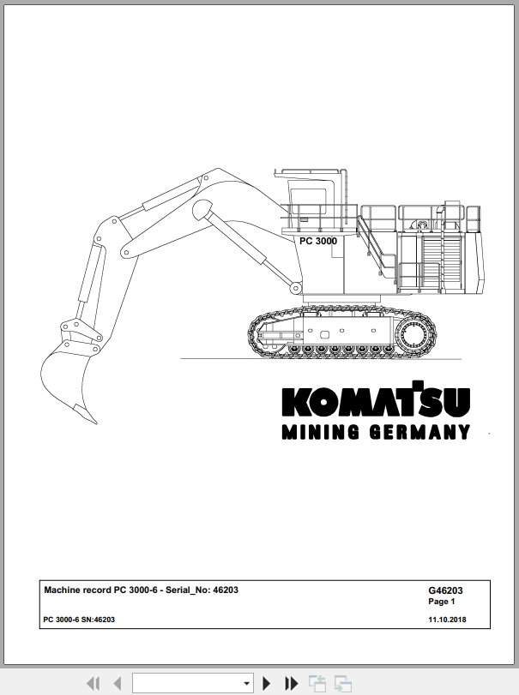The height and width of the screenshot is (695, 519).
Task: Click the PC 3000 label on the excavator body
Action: [318, 241]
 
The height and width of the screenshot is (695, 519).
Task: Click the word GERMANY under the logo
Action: [419, 432]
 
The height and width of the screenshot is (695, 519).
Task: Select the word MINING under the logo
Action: [321, 432]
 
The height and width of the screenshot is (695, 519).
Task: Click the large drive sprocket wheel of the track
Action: [414, 335]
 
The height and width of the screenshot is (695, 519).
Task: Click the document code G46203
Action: [445, 590]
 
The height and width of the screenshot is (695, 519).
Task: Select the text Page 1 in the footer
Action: [442, 602]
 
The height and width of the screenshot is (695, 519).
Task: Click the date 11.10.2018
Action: [447, 620]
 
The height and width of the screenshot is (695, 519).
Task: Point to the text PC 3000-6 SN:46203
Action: [79, 620]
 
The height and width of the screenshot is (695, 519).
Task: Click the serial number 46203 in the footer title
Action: [226, 590]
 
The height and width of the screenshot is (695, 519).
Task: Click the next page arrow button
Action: [266, 683]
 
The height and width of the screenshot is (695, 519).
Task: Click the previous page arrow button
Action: [118, 683]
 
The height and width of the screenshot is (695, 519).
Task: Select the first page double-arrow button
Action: [94, 683]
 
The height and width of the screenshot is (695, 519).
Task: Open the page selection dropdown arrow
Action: [247, 684]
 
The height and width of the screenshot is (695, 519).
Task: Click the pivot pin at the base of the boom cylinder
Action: [295, 289]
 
